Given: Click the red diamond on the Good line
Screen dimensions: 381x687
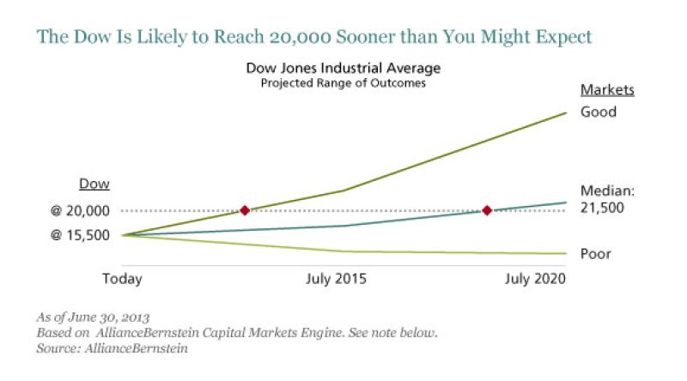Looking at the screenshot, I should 245,210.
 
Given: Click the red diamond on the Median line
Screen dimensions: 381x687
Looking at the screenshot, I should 487,210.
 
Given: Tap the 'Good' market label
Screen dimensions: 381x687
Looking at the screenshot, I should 598,112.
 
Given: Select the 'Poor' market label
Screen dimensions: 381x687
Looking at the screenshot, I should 597,254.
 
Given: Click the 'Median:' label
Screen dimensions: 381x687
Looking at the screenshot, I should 605,191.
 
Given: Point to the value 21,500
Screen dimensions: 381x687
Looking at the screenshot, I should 602,208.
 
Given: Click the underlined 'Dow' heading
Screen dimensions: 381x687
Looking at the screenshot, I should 94,184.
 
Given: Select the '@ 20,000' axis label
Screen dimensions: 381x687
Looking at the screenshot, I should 81,210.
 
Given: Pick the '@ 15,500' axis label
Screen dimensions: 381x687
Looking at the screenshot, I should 81,234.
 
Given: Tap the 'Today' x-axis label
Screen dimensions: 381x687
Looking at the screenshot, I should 123,279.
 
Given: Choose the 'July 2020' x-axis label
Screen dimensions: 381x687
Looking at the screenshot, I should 536,279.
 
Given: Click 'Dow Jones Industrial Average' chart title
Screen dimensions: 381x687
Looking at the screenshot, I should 332,68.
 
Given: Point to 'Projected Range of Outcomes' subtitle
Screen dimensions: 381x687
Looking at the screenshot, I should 332,83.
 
